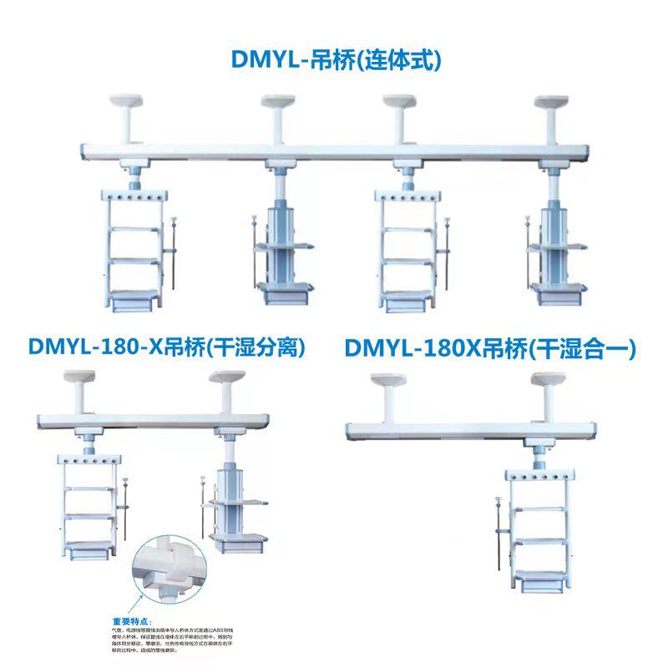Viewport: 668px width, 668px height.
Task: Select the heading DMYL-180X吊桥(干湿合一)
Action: pos(491,348)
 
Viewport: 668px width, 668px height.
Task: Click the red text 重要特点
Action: pos(131,621)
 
